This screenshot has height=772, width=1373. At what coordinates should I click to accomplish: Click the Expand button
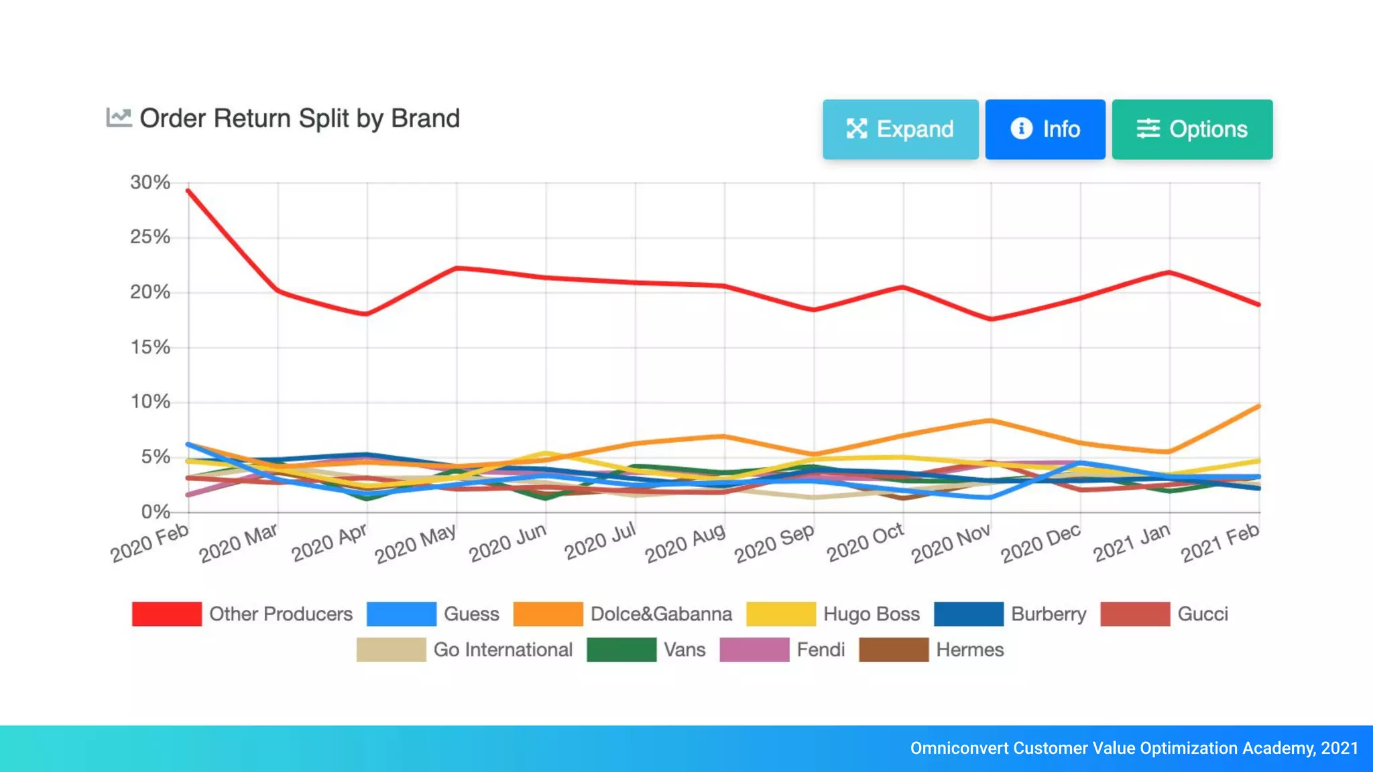pos(900,129)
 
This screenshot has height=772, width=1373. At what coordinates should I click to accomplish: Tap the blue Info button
pos(1044,129)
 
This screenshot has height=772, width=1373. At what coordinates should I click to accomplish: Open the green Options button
pos(1191,129)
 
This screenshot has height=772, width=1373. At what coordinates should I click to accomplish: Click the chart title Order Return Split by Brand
pos(300,119)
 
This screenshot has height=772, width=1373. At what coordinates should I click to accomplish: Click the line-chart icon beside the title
pos(119,118)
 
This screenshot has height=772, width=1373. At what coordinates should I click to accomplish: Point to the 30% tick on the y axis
pos(150,182)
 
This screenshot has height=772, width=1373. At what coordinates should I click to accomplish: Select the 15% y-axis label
pos(150,347)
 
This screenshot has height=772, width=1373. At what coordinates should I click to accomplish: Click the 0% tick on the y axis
pos(156,512)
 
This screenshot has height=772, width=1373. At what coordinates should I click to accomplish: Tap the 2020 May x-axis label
pos(416,543)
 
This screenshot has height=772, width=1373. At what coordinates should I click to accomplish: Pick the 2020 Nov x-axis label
pos(951,543)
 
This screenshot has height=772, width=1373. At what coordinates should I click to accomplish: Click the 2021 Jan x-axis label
pos(1132,543)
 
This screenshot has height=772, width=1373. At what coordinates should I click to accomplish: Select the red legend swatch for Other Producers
pos(167,614)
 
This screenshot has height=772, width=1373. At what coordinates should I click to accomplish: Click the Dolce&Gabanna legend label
pos(661,614)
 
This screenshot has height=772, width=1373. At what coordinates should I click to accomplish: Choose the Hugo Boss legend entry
pos(871,614)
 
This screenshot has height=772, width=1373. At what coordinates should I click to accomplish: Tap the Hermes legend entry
pos(969,649)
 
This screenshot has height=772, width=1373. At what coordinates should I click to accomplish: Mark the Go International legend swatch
pos(391,649)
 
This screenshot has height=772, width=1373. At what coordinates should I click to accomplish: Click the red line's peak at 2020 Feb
pos(189,191)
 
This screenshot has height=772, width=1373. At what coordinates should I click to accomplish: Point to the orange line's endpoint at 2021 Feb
pos(1258,406)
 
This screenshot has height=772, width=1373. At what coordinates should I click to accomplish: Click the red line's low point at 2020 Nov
pos(992,319)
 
